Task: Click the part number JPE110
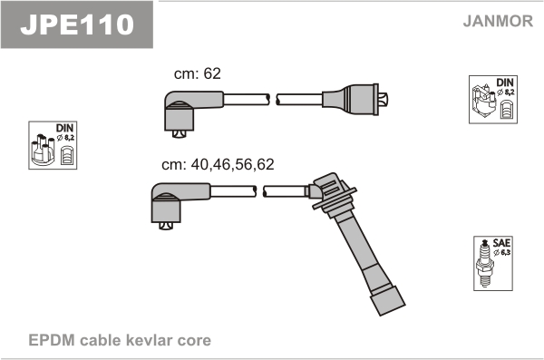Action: (x=77, y=24)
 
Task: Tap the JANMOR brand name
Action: (x=498, y=21)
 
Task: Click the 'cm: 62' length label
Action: (x=197, y=73)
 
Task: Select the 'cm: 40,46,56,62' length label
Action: (x=218, y=164)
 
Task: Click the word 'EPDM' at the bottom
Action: (x=52, y=340)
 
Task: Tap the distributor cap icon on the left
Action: (x=43, y=149)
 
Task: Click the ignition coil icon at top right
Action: (x=483, y=102)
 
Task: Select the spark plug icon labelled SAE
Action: (x=485, y=263)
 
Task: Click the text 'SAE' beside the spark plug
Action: (x=501, y=243)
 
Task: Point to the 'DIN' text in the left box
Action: (x=65, y=128)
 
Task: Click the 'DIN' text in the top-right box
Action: (x=505, y=83)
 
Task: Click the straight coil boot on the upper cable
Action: (x=350, y=99)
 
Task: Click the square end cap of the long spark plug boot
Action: (x=387, y=301)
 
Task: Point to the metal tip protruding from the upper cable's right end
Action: (x=384, y=99)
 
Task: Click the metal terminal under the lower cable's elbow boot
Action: (x=166, y=226)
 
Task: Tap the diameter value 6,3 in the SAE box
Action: (x=505, y=252)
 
